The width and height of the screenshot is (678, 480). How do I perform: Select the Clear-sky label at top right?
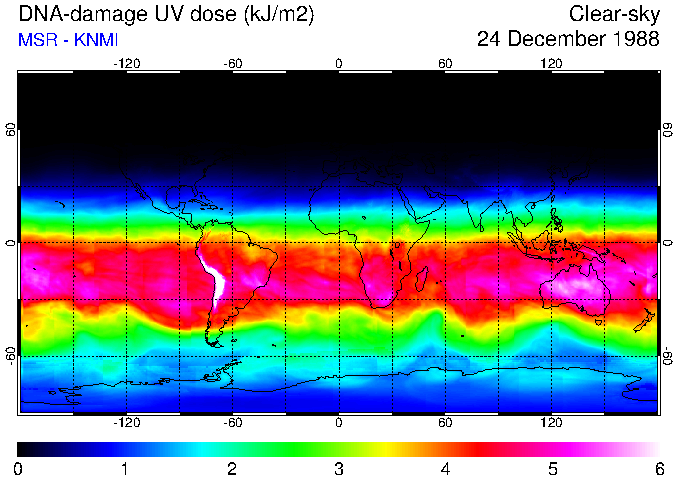(x=614, y=14)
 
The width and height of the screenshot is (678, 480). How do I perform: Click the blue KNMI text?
(x=92, y=40)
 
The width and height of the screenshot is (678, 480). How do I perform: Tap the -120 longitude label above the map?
(x=126, y=64)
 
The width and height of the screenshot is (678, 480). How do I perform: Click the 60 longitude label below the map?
(x=445, y=423)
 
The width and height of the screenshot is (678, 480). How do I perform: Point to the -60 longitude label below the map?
(x=233, y=423)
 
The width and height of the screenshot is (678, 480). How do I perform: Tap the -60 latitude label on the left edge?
(x=11, y=355)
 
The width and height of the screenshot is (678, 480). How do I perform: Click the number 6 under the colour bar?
(x=659, y=468)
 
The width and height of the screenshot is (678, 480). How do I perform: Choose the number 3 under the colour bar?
(x=339, y=468)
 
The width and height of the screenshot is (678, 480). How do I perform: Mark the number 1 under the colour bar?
(x=125, y=468)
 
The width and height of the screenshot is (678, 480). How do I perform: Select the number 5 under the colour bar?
(x=552, y=468)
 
